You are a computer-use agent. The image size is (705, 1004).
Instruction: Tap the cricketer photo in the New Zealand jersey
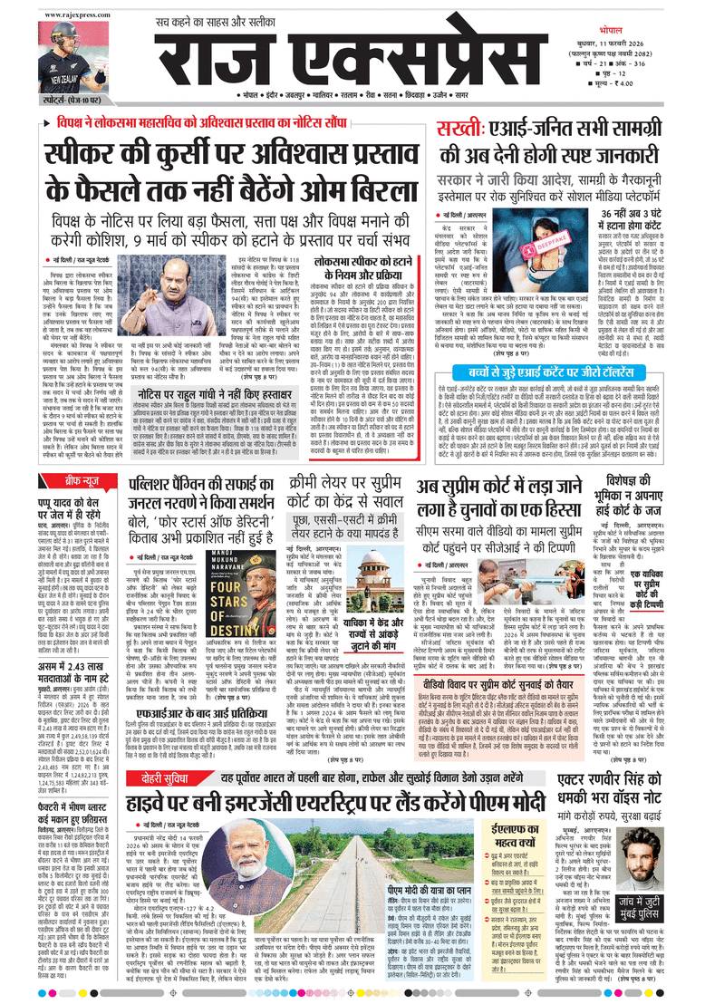tap(67, 54)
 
